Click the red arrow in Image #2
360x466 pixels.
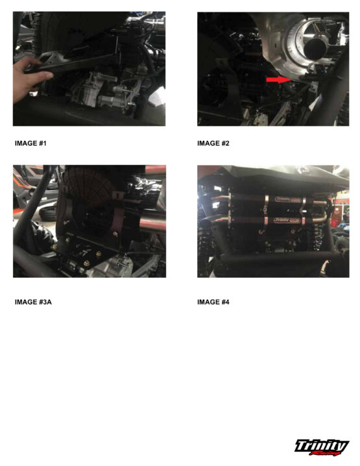[278, 80]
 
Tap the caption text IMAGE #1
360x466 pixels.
[30, 143]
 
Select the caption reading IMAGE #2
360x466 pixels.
[213, 143]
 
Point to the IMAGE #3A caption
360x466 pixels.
[33, 302]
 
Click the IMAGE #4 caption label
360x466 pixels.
[213, 302]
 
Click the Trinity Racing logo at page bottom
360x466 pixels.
[322, 447]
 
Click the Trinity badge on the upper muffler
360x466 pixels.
[287, 199]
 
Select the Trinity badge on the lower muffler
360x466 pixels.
[286, 221]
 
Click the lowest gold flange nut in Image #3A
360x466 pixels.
[87, 263]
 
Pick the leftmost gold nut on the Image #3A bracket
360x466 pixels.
[54, 247]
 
